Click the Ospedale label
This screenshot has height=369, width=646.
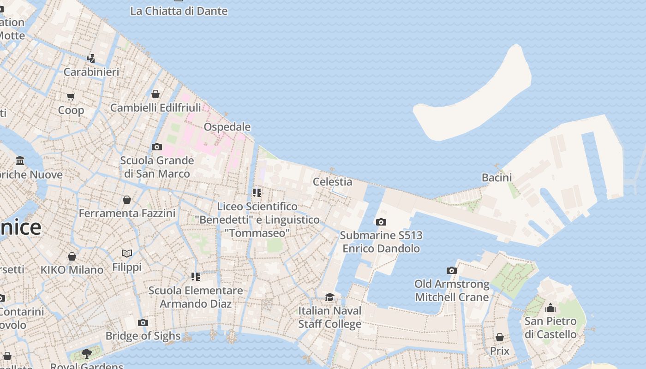click(x=227, y=127)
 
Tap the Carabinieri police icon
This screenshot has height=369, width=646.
click(x=91, y=59)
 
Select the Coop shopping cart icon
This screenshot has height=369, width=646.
click(x=71, y=96)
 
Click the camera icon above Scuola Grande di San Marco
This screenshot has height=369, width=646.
click(x=157, y=147)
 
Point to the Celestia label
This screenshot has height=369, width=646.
click(x=332, y=182)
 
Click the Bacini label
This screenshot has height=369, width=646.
click(x=496, y=178)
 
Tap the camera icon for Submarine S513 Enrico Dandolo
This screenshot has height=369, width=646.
click(x=381, y=222)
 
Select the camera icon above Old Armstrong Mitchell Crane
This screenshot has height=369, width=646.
click(x=452, y=270)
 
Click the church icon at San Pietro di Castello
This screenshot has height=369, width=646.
click(x=550, y=308)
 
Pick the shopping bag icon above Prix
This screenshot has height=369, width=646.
click(x=499, y=337)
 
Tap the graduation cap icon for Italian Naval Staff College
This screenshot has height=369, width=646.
click(x=329, y=297)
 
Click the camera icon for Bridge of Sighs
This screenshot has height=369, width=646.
click(x=143, y=322)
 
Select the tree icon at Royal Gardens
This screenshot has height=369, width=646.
click(x=86, y=353)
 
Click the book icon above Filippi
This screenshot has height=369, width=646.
click(x=127, y=253)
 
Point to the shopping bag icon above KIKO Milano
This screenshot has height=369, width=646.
click(x=72, y=256)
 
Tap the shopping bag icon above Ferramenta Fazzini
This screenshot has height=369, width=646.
click(x=127, y=200)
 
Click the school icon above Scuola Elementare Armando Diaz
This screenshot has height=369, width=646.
click(x=196, y=277)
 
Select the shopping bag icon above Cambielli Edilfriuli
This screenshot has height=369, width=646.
click(x=156, y=94)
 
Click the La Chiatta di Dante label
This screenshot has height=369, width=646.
click(x=179, y=11)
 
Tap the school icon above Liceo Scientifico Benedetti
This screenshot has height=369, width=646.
click(x=257, y=192)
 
